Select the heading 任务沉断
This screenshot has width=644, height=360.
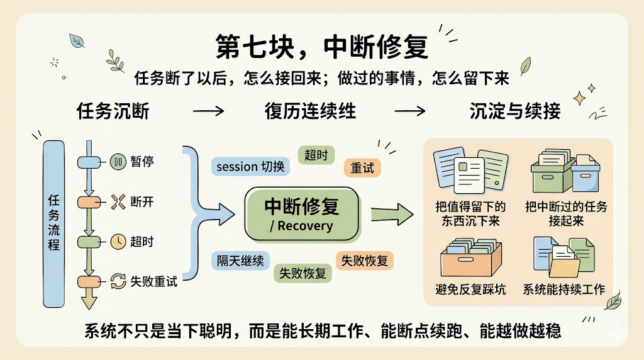pos(113,111)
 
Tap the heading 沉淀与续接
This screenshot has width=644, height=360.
pos(514,111)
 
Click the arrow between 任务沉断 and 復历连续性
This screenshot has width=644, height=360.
pos(209,111)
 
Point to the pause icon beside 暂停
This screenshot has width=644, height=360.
pos(118,162)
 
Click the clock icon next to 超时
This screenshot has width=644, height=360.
pos(118,242)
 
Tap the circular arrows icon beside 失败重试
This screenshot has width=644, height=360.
pos(118,281)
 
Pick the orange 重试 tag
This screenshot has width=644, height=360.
pos(362,167)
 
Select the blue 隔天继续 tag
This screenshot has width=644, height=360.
pos(240,260)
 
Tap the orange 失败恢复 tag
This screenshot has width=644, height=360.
pos(364,260)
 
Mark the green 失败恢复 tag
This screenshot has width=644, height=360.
pos(303,273)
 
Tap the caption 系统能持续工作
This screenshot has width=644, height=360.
pos(564,290)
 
